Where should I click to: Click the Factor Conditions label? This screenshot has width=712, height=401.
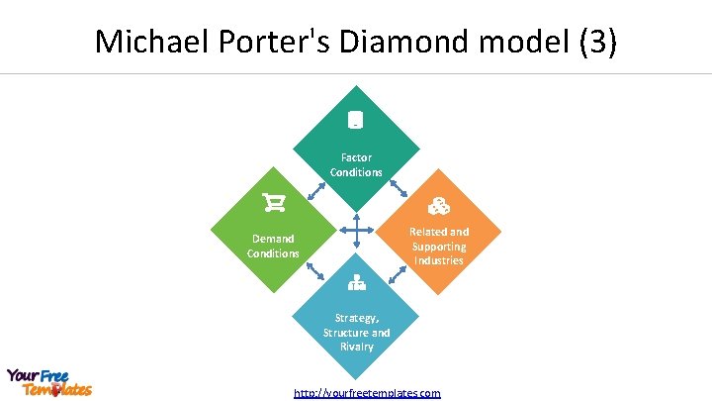tap(356, 164)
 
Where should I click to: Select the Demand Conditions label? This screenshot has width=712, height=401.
tap(273, 246)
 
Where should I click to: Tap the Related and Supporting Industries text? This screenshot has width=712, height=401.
tap(439, 246)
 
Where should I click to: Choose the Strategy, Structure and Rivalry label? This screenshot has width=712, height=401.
tap(356, 332)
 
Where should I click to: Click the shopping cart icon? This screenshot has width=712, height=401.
tap(273, 203)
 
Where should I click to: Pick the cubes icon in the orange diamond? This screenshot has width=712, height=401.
tap(439, 207)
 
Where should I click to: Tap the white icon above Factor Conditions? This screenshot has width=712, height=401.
tap(356, 121)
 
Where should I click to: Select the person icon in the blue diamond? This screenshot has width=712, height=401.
tap(356, 284)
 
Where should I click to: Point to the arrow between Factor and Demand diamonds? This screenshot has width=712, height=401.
tap(316, 190)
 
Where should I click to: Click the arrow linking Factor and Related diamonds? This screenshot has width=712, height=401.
tap(399, 188)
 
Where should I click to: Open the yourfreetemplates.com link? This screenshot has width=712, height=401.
tap(367, 393)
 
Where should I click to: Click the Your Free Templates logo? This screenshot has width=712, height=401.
tap(47, 382)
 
